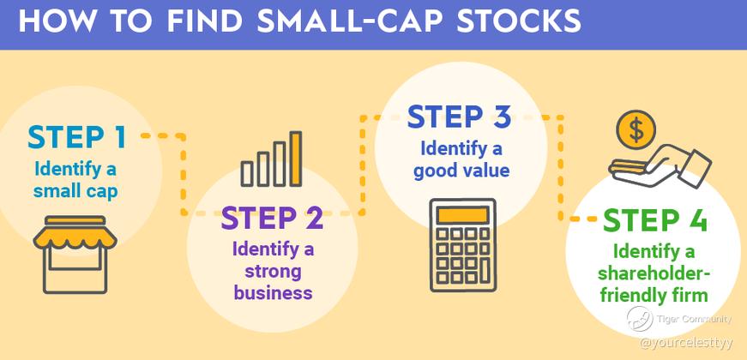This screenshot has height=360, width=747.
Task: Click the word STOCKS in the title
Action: click(x=518, y=21)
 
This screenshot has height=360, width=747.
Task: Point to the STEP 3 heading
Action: click(x=460, y=117)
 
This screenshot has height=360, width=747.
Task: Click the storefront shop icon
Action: click(x=75, y=255)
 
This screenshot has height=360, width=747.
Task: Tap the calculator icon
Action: click(x=462, y=245)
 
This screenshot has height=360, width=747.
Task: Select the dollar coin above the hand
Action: click(x=636, y=129)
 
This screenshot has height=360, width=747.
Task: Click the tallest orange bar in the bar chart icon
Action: click(x=296, y=159)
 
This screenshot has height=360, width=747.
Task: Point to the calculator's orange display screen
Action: click(x=462, y=215)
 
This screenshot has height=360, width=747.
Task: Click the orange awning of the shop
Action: click(x=75, y=233)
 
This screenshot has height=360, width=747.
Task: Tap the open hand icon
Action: click(x=660, y=169)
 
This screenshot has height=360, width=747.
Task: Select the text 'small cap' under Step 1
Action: click(x=75, y=191)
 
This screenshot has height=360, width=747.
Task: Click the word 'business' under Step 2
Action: click(x=273, y=291)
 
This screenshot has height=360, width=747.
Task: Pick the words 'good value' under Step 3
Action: click(x=461, y=171)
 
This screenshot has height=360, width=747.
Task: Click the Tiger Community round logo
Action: click(x=640, y=319)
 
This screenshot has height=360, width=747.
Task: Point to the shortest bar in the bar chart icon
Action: click(x=247, y=173)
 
